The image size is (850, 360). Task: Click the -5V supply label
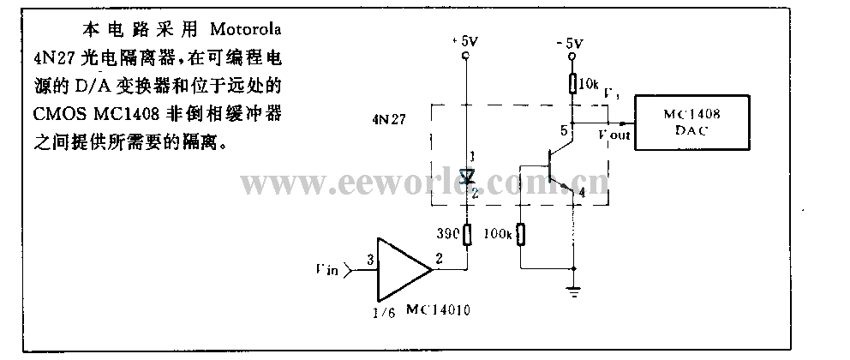570,42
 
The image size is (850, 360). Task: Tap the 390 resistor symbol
467,232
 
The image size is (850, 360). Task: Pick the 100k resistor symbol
521,233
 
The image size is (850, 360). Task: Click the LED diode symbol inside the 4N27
467,177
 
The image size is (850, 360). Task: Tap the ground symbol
572,292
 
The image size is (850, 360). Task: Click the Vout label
616,135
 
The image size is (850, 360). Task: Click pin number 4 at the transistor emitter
582,194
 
